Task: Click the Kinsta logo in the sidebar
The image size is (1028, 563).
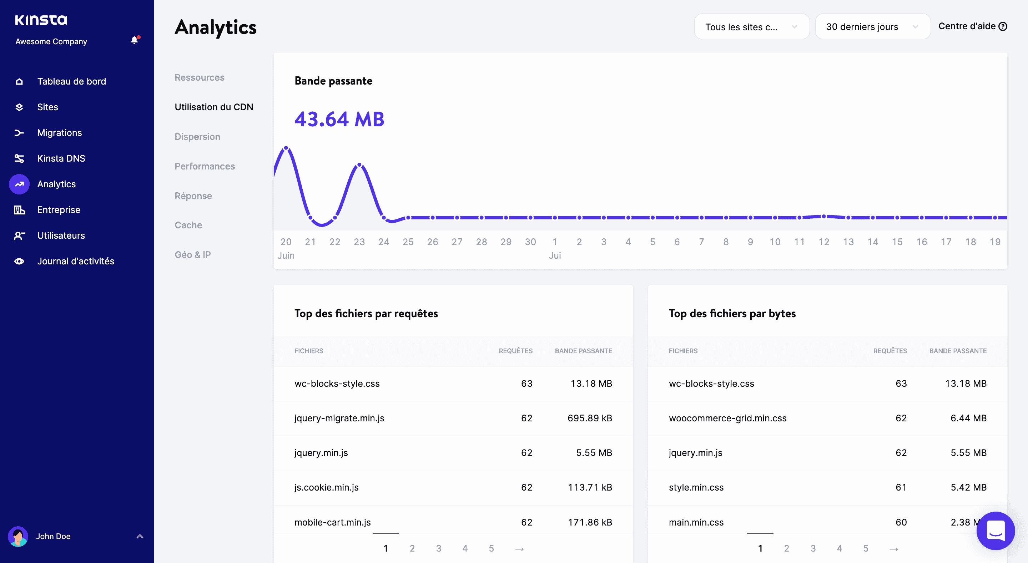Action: click(41, 20)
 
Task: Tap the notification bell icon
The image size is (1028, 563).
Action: click(135, 40)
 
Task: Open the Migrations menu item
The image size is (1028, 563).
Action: click(60, 133)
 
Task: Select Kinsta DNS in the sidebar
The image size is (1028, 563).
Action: click(61, 158)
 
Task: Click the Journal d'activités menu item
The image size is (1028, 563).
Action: click(75, 262)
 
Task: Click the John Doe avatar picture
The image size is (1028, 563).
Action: click(18, 536)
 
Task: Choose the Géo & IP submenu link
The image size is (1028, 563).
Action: click(193, 255)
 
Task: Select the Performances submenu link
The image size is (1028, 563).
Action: click(205, 166)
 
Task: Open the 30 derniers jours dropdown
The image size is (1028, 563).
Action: click(872, 27)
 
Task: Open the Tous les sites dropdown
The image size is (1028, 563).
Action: click(751, 27)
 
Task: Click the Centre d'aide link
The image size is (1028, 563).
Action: click(972, 26)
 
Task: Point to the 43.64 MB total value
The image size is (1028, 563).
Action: click(339, 119)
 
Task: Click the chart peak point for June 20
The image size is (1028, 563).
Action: click(286, 148)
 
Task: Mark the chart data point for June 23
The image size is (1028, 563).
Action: click(359, 165)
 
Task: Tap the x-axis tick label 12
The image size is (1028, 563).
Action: click(824, 242)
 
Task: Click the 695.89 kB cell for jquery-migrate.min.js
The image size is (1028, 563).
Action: click(589, 418)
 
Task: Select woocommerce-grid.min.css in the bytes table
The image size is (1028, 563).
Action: click(727, 418)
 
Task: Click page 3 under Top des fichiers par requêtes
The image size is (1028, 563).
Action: click(439, 548)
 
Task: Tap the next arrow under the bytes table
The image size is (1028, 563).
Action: click(893, 549)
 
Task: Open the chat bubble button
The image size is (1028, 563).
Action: click(995, 531)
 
